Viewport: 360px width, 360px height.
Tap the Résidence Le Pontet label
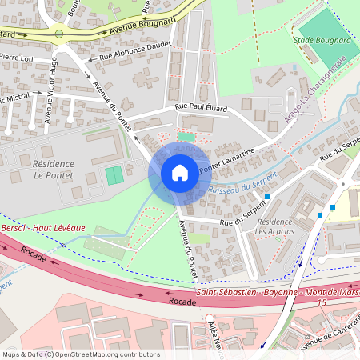click(x=54, y=169)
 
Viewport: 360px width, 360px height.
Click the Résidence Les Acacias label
click(x=274, y=226)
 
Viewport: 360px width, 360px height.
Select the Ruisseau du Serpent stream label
click(x=242, y=185)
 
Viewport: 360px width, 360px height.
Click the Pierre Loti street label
click(x=17, y=58)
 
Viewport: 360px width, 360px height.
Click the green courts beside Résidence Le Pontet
click(x=115, y=174)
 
